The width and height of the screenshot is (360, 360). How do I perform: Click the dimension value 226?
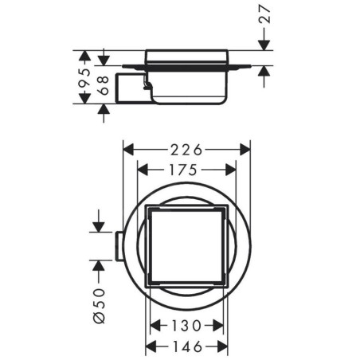[186, 150]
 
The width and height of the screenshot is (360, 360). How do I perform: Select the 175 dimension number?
[183, 170]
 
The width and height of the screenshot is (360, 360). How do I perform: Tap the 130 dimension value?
[186, 326]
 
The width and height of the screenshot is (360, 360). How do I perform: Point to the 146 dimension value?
[187, 346]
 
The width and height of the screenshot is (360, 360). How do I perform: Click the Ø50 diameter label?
[100, 306]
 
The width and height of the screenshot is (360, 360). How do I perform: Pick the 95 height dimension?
[84, 77]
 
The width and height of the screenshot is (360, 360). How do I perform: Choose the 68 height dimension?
[104, 85]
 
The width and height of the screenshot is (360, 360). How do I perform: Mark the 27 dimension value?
[264, 14]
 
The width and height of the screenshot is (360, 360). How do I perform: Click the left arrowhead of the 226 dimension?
[128, 150]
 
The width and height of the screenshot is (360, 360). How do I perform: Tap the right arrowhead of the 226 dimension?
[245, 150]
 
